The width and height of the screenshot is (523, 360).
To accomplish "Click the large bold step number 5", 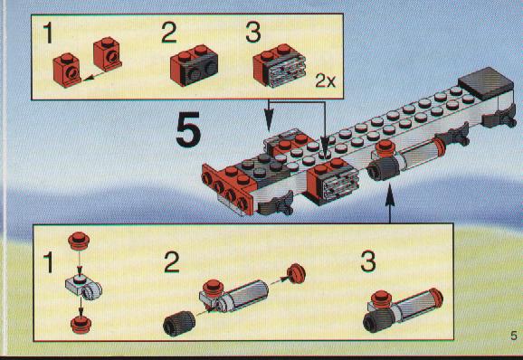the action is [x=188, y=129].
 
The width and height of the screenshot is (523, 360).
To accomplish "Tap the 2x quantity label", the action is [x=325, y=81].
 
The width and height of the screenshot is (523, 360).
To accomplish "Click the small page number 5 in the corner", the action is [x=514, y=336].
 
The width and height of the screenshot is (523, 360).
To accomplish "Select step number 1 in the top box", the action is [x=48, y=33].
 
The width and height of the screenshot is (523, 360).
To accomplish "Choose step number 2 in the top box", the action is [x=169, y=32].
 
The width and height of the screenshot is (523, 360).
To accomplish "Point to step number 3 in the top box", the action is [x=253, y=32].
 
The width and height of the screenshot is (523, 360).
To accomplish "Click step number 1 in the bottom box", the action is [x=49, y=262].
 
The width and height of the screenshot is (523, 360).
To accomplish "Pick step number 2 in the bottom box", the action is [x=172, y=262].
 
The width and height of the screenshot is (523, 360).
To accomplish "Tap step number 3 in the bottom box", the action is [x=368, y=262].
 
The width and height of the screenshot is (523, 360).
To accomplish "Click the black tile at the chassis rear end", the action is [x=486, y=83].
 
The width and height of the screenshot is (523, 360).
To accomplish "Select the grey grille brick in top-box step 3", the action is [x=285, y=71].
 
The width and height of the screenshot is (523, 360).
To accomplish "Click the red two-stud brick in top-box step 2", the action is [x=194, y=65].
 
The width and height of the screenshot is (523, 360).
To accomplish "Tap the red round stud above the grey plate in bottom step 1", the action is [x=79, y=240].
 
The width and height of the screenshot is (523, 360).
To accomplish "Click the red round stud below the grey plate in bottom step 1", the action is [x=81, y=325].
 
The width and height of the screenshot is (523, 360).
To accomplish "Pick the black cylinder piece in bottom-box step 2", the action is [x=179, y=323].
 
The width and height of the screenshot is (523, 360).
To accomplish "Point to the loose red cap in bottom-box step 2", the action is [x=296, y=273].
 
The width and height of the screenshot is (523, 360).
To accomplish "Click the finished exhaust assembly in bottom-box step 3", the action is [x=403, y=310].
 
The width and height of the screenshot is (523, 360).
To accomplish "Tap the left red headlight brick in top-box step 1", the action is [x=67, y=70].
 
